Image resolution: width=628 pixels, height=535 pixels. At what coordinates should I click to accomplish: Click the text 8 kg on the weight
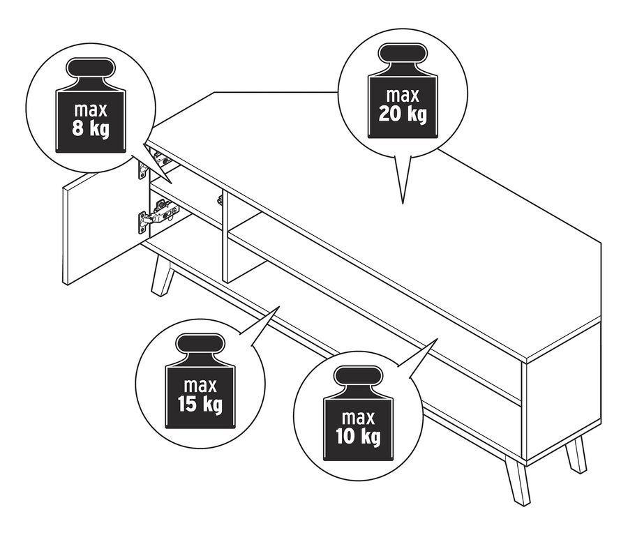[91, 129]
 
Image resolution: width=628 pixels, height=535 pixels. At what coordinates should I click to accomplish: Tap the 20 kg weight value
[403, 114]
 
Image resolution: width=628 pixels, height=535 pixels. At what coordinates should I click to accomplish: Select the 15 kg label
[200, 405]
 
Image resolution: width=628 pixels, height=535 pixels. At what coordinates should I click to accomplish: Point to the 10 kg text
[358, 437]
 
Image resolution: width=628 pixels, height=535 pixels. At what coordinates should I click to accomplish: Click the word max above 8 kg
[91, 110]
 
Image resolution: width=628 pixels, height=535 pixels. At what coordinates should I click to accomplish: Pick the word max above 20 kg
[403, 96]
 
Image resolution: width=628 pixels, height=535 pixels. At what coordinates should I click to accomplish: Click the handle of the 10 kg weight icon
[358, 377]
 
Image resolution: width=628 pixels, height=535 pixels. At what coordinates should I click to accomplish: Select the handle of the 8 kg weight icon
[91, 69]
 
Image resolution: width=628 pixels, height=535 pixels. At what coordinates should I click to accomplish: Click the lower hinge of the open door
[158, 214]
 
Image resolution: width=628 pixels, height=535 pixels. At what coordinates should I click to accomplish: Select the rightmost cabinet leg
[576, 455]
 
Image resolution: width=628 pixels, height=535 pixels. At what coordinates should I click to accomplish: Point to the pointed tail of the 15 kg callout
[279, 307]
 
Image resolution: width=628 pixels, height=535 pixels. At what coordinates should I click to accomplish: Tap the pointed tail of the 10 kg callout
[438, 339]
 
